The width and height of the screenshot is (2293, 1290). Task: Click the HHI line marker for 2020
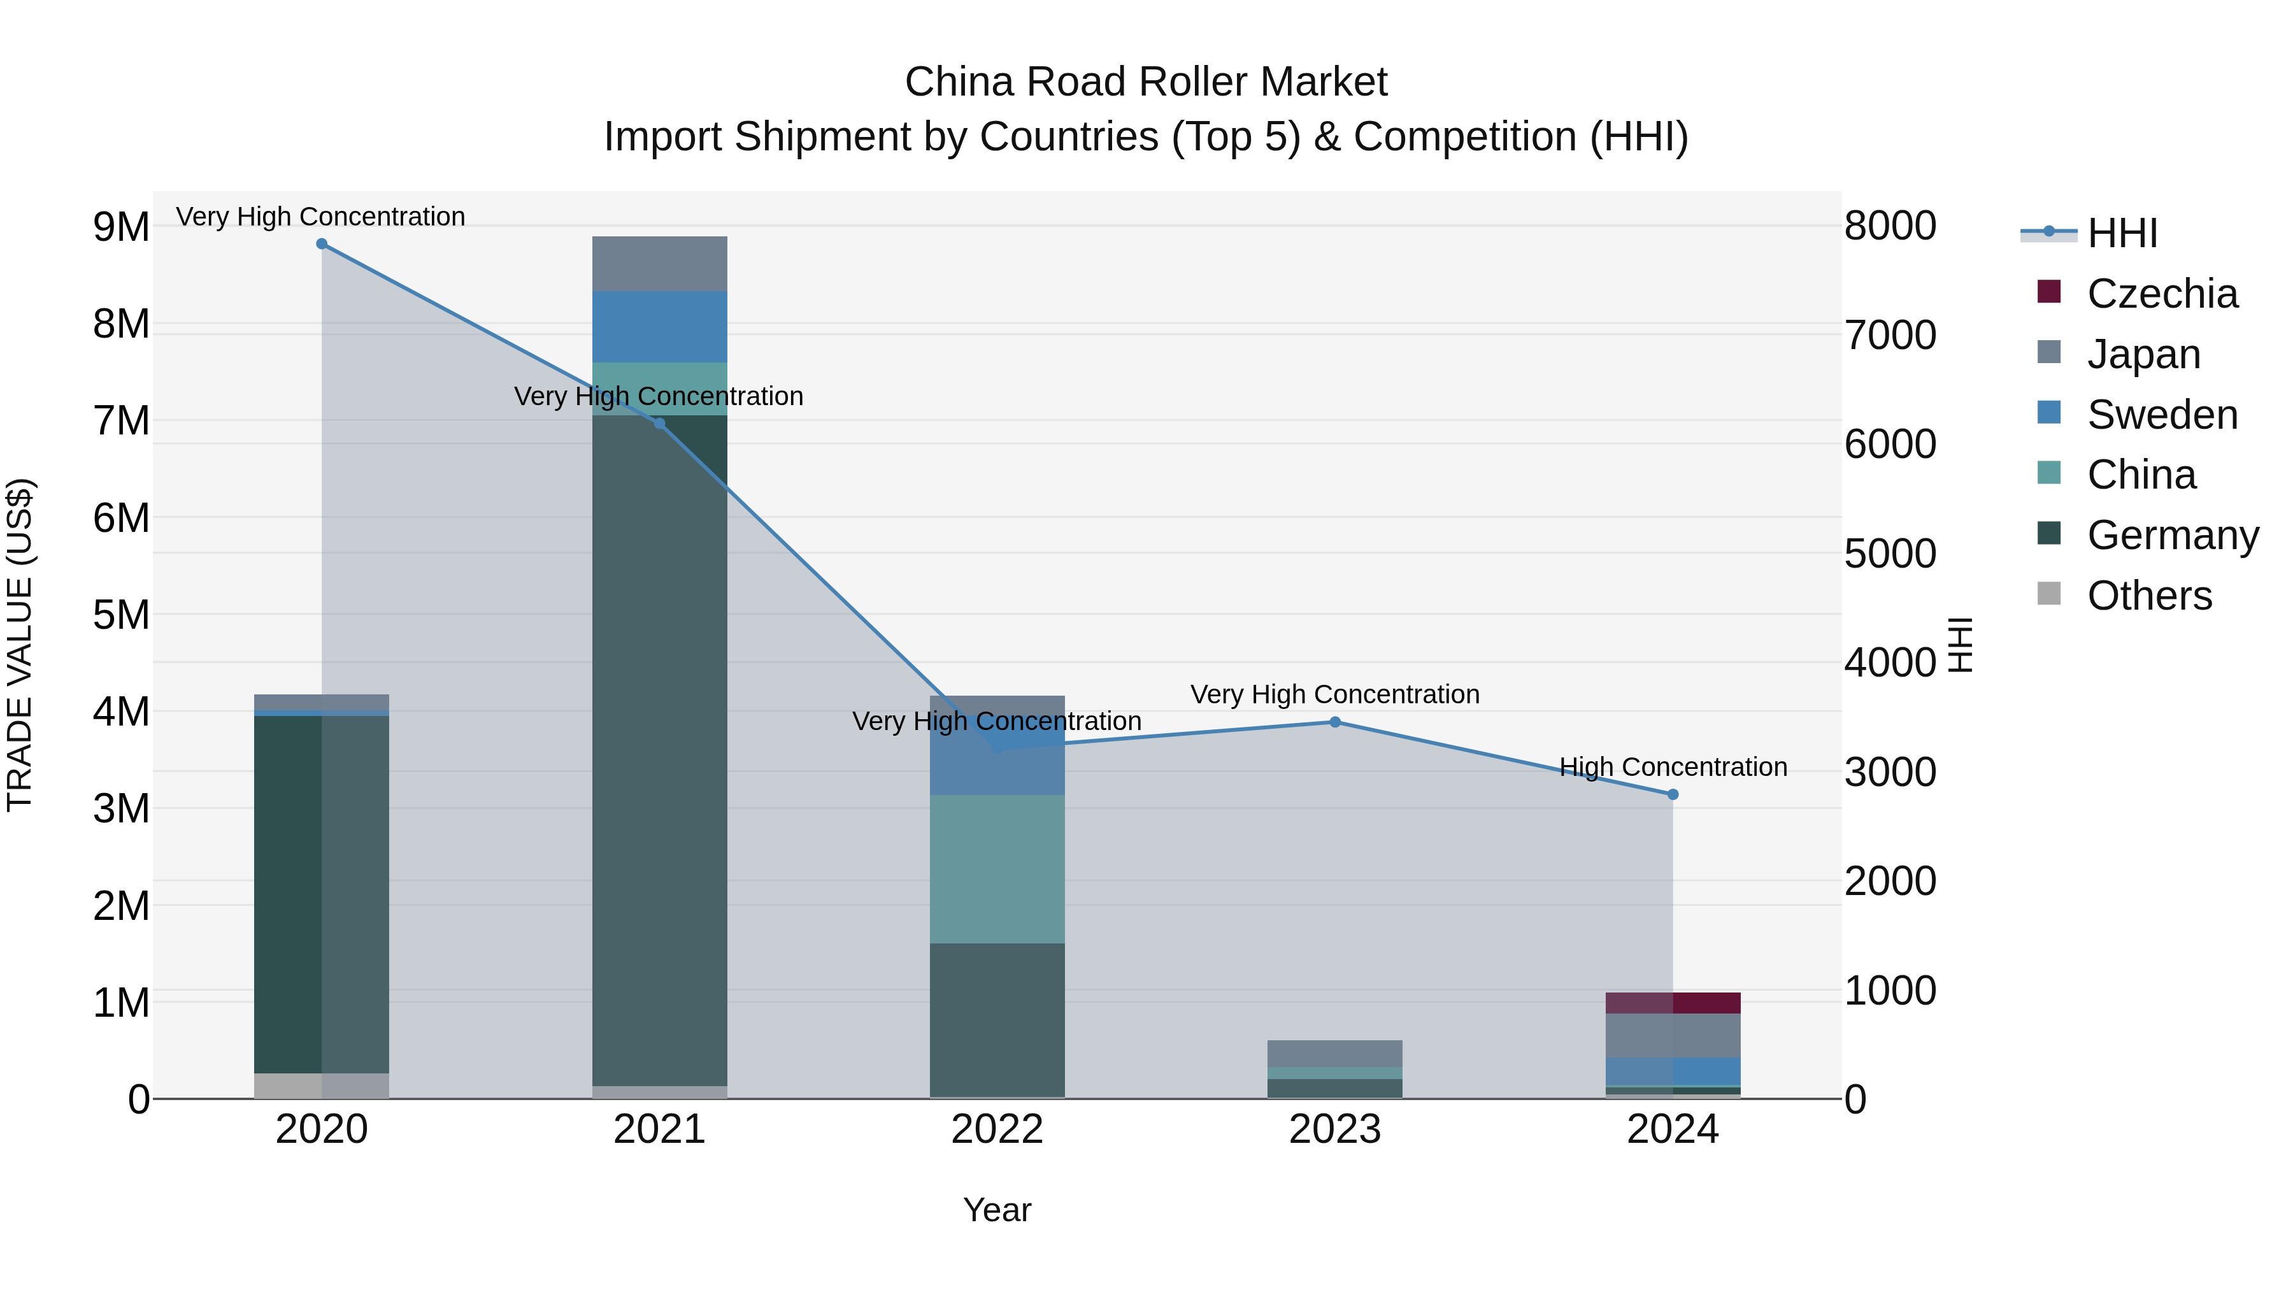[322, 244]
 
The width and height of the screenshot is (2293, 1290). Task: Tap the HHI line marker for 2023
[1334, 722]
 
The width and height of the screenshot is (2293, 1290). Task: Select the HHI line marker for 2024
[1673, 794]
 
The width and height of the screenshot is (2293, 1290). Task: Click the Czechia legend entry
[2161, 294]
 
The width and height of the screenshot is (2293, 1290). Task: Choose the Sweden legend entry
[2161, 415]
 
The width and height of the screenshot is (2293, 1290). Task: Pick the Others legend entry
[2149, 596]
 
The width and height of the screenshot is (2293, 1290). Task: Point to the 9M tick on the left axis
[121, 227]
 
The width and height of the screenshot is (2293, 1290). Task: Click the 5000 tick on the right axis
[1890, 554]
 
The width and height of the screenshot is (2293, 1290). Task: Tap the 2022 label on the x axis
[997, 1129]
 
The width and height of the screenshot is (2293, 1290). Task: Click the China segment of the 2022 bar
[997, 868]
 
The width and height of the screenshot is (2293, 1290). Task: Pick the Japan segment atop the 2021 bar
[660, 264]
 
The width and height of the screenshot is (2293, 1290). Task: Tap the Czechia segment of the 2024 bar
[1673, 1003]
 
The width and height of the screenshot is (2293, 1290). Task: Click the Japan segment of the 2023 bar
[1334, 1053]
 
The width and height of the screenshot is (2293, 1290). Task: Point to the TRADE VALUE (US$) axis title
[20, 645]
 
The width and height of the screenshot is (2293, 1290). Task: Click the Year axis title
[997, 1210]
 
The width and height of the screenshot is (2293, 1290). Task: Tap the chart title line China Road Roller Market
[1146, 82]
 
